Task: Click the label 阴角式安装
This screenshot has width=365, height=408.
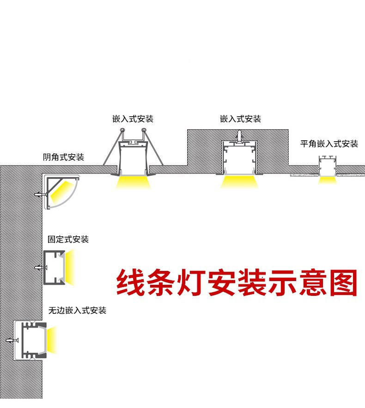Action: [63, 157]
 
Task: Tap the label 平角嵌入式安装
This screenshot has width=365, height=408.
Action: [329, 144]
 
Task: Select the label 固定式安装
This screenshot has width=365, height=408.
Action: [68, 240]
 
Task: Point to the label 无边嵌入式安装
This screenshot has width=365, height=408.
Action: [77, 310]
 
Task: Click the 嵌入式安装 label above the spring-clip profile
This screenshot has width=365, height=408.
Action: [133, 119]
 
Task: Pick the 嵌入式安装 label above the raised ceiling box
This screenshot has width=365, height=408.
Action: [240, 119]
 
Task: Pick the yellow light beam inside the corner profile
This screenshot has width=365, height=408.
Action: [61, 193]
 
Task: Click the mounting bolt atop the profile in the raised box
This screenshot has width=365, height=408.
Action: [239, 135]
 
